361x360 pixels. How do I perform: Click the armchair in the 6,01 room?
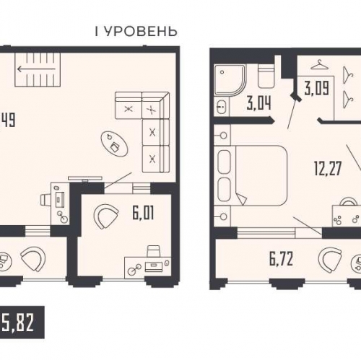pos(109,215)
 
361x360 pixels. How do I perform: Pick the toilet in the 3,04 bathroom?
pos(265,75)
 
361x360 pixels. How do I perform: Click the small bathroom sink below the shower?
pos(220,109)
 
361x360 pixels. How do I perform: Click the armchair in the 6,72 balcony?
pos(331,258)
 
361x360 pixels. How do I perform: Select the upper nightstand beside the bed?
pos(223,135)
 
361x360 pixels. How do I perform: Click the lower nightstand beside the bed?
pos(223,216)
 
